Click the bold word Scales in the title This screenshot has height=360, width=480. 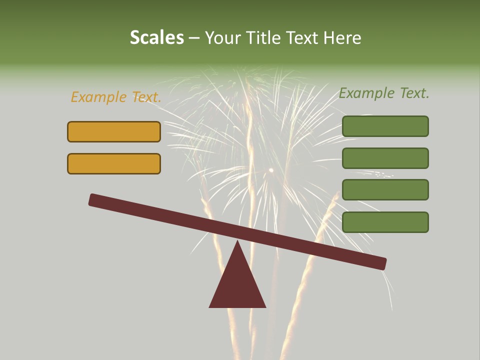click(x=156, y=37)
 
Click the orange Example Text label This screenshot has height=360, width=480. click(x=116, y=97)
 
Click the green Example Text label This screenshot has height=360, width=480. click(x=384, y=93)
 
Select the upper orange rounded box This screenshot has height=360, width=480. click(x=114, y=131)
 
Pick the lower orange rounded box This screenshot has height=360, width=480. click(x=114, y=163)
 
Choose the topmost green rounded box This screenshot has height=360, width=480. click(x=385, y=126)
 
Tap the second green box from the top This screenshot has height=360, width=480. click(x=385, y=158)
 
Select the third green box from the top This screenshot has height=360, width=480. click(x=385, y=189)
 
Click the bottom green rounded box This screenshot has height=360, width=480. click(x=385, y=222)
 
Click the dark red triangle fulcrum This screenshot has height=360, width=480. click(x=237, y=285)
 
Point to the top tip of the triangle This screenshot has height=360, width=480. click(x=237, y=242)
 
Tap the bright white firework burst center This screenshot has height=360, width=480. click(x=271, y=170)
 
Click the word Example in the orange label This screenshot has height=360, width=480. click(x=98, y=97)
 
